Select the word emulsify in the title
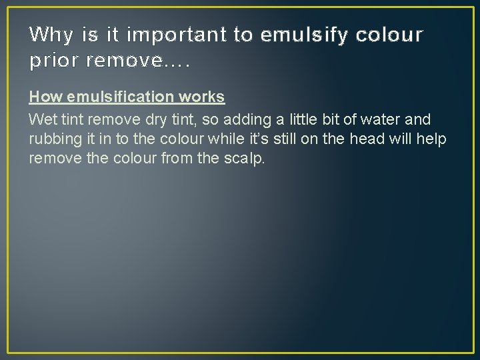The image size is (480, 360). (301, 34)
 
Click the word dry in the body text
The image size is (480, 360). (153, 119)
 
